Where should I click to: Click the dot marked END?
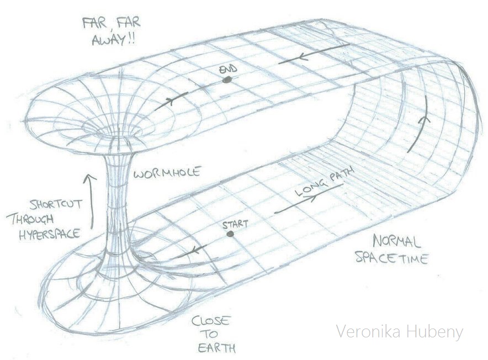pos(227,80)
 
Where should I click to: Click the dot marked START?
pos(230,234)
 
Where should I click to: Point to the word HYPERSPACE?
pos(49,234)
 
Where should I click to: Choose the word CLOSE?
pos(210,321)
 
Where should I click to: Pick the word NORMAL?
pos(397,242)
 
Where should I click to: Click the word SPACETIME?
pos(392,258)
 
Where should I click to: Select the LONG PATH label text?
pos(324,183)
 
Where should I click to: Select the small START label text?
pos(235,224)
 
